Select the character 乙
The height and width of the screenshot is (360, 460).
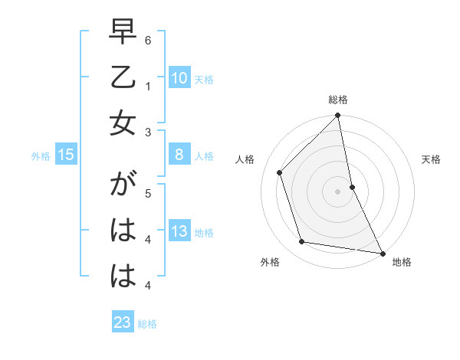coord(123,78)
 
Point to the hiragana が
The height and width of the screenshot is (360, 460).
coord(123,188)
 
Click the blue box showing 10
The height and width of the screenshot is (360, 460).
coord(179,77)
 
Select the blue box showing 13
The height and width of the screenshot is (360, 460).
coord(179,231)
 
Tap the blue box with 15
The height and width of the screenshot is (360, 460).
coord(65,155)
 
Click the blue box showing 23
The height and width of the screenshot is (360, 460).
coord(123,322)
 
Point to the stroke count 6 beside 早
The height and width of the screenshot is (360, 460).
coord(148,40)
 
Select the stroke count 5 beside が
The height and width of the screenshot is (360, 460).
coord(148,193)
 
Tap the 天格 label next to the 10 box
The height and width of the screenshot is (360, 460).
coord(204,79)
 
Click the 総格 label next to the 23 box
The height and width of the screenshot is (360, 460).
coord(147,324)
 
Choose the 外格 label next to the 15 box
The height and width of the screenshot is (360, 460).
coord(41,156)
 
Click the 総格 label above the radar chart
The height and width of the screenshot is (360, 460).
coord(338,100)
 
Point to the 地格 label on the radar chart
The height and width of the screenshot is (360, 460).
coord(402,263)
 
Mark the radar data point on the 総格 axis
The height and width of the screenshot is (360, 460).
coord(338,116)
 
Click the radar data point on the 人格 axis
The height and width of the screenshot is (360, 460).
coord(280,172)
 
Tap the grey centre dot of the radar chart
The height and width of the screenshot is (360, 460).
coord(338,191)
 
